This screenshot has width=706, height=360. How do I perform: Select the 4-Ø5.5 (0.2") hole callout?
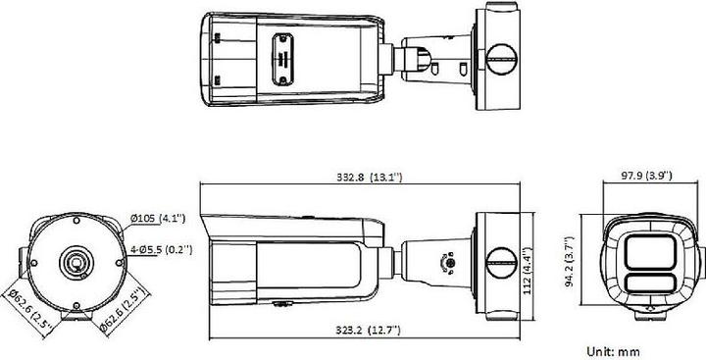coord(161,249)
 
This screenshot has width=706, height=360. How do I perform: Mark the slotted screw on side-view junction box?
coord(501,256)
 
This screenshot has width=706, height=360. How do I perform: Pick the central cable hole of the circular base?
coord(75,263)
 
